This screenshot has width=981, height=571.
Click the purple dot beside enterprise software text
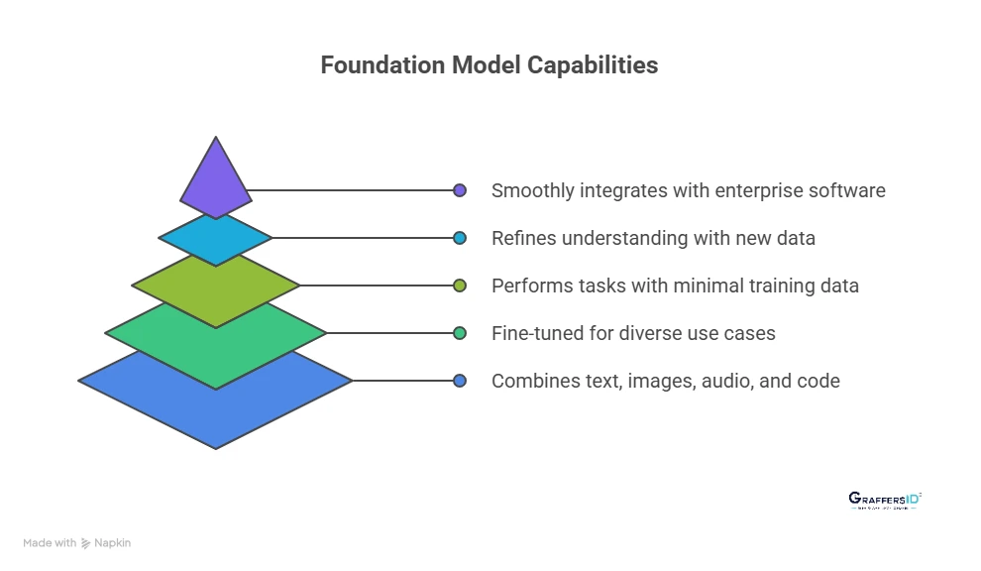tap(460, 190)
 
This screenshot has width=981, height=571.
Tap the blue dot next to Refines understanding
tap(460, 238)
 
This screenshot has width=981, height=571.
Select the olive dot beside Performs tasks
tap(460, 285)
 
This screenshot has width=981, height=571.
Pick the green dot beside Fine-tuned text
tap(460, 333)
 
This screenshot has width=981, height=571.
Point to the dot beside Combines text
tap(460, 381)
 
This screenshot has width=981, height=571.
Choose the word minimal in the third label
tap(709, 285)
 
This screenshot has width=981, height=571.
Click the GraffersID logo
tap(885, 501)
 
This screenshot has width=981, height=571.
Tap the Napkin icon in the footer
tap(87, 543)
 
